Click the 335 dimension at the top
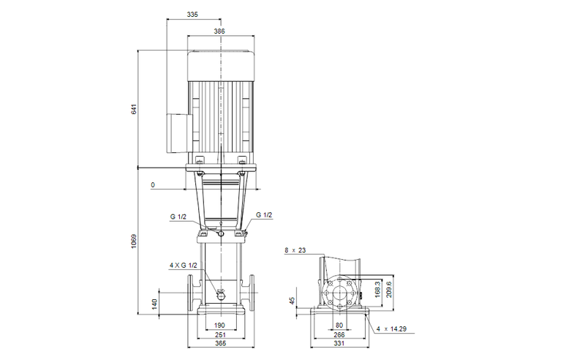192,14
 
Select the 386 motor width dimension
219,31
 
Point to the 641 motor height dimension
134,109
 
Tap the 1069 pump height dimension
134,241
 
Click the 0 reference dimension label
153,186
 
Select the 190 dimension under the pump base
220,324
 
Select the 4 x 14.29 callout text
391,330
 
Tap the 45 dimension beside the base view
292,300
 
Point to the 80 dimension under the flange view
339,324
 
